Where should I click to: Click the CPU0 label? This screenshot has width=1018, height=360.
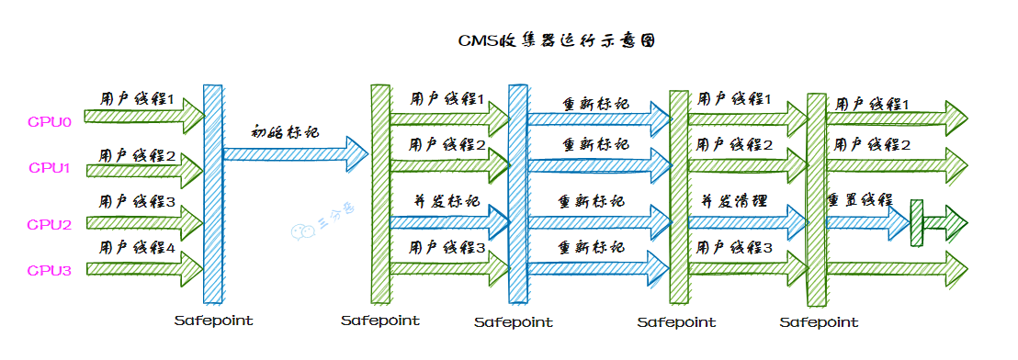[49, 120]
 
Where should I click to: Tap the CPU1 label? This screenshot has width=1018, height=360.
[49, 168]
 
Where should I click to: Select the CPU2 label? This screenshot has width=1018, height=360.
[49, 223]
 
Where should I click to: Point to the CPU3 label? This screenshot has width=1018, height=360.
[49, 270]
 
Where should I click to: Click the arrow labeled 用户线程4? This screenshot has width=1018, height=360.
[143, 268]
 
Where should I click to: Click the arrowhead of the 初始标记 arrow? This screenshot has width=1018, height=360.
[356, 148]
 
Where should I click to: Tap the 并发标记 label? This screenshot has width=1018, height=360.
[447, 200]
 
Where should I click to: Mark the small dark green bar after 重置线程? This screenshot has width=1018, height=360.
[915, 222]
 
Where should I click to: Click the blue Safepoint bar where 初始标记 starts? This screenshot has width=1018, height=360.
[212, 193]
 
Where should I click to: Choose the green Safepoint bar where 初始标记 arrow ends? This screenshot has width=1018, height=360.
[379, 193]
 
